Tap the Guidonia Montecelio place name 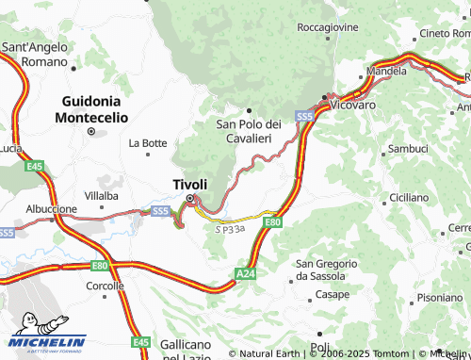pyautogui.click(x=91, y=108)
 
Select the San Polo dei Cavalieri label pyautogui.click(x=250, y=131)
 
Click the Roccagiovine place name pyautogui.click(x=327, y=27)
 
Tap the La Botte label pyautogui.click(x=148, y=143)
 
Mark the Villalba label pyautogui.click(x=101, y=196)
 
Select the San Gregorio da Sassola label pyautogui.click(x=327, y=270)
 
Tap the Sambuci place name pyautogui.click(x=408, y=149)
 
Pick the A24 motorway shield pyautogui.click(x=245, y=272)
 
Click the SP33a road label pyautogui.click(x=230, y=228)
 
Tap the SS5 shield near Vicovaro pyautogui.click(x=303, y=116)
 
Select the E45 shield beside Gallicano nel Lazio pyautogui.click(x=141, y=342)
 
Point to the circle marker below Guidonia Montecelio pyautogui.click(x=91, y=132)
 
